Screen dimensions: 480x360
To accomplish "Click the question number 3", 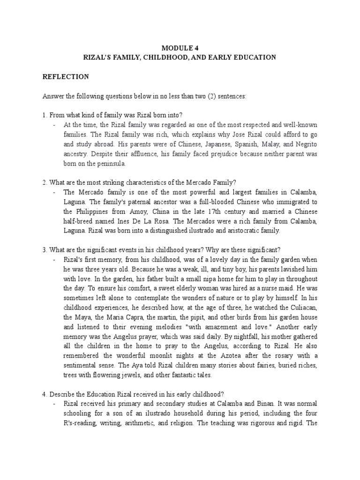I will (x=44, y=250).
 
